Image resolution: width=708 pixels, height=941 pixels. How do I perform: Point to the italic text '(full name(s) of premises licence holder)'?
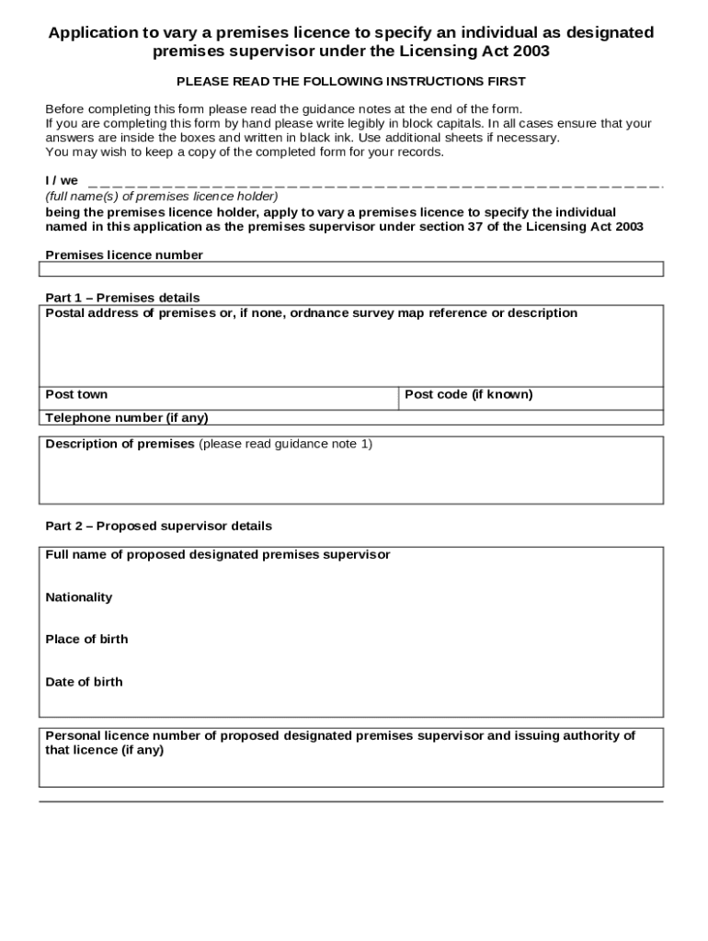[x=162, y=196]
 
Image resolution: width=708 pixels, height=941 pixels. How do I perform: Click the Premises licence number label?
[x=124, y=255]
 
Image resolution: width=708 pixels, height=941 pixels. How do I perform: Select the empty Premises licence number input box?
[x=350, y=269]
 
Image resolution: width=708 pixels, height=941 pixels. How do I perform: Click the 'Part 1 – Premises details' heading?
[x=122, y=298]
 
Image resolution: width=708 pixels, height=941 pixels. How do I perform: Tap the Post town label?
[x=76, y=394]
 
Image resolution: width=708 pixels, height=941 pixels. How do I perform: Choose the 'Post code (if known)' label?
[x=468, y=394]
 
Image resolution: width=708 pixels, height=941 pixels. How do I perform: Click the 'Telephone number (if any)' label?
[x=127, y=418]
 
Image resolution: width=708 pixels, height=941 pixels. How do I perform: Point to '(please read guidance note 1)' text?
[x=285, y=444]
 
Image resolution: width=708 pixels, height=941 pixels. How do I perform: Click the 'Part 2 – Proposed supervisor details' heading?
[x=158, y=527]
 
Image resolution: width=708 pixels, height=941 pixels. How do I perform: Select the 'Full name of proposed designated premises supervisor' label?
[x=218, y=555]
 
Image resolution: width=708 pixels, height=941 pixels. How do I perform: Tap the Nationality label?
[x=79, y=597]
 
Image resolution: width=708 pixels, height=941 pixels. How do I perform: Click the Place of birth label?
[x=86, y=640]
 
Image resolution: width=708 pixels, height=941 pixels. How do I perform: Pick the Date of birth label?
[x=84, y=682]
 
